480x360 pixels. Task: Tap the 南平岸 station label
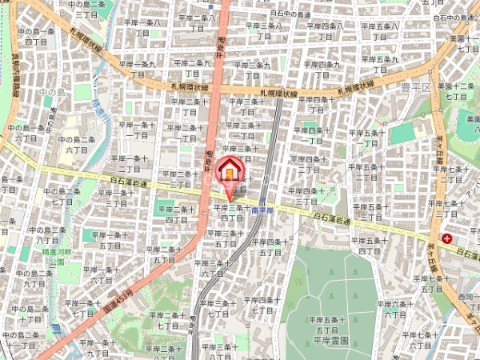[x=262, y=210]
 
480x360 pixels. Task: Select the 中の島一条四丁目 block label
[x=35, y=36]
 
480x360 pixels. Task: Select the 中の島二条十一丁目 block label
[x=19, y=339]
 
